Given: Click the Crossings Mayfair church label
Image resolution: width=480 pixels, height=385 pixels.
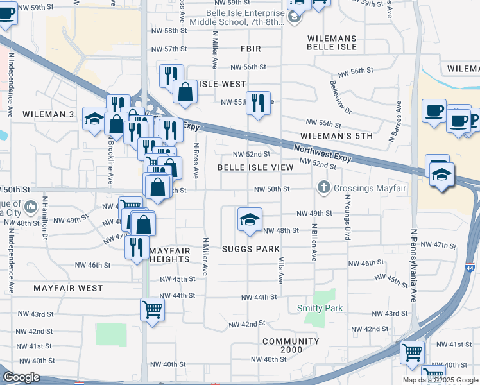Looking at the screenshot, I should point(370,188).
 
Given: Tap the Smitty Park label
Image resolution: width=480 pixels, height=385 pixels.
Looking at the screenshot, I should point(320,308).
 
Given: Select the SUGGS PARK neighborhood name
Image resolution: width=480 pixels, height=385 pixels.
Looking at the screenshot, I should point(252,248).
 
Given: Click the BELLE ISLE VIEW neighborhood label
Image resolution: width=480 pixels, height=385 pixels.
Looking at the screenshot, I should point(255,167).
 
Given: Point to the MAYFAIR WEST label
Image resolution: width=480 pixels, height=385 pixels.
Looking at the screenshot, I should point(67,288).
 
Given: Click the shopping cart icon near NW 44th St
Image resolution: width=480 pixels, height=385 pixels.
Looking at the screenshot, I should point(153,309).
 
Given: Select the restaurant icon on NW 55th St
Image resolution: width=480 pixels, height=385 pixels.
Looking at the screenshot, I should point(257,103).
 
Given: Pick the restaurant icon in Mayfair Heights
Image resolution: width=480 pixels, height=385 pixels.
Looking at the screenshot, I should point(136,247).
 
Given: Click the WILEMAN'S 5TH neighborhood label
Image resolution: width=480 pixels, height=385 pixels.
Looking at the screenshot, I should point(337,136).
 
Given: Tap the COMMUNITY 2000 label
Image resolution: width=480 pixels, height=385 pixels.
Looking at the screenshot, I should point(290,346).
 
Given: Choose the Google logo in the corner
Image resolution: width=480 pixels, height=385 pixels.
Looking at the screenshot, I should point(21,377).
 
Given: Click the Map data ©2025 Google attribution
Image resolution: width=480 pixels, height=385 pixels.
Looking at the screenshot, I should point(440,380).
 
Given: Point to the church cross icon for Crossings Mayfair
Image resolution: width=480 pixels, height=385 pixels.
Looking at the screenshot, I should point(324,188).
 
